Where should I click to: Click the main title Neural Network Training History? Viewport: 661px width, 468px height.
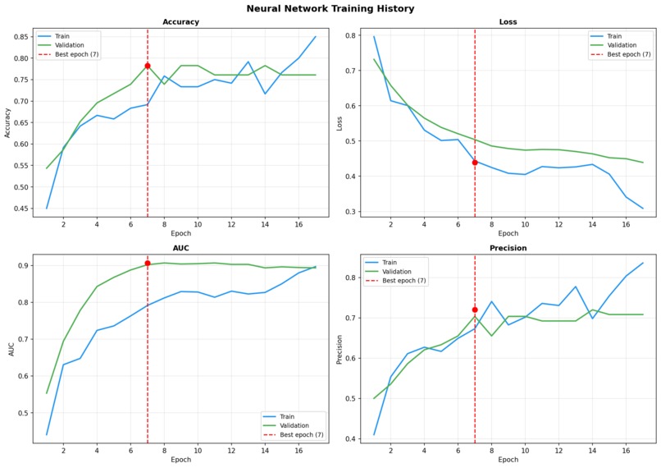click(x=330, y=9)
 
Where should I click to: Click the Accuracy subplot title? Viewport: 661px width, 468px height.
click(x=180, y=22)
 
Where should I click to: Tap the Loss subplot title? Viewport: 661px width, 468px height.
click(x=508, y=22)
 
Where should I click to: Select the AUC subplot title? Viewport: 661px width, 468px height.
click(x=180, y=248)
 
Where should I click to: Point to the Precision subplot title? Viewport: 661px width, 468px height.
click(x=508, y=248)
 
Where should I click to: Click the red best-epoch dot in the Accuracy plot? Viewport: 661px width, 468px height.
click(x=148, y=66)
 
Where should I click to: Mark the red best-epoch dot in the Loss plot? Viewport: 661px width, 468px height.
click(x=475, y=163)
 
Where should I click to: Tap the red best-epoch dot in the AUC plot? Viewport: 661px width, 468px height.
click(x=148, y=264)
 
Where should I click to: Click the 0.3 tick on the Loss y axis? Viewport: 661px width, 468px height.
click(x=351, y=212)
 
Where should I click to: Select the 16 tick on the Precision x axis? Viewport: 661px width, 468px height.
click(x=625, y=450)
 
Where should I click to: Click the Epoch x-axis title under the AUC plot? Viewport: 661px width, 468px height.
click(x=180, y=460)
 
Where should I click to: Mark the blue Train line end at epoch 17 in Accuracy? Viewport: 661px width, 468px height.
click(x=315, y=36)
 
